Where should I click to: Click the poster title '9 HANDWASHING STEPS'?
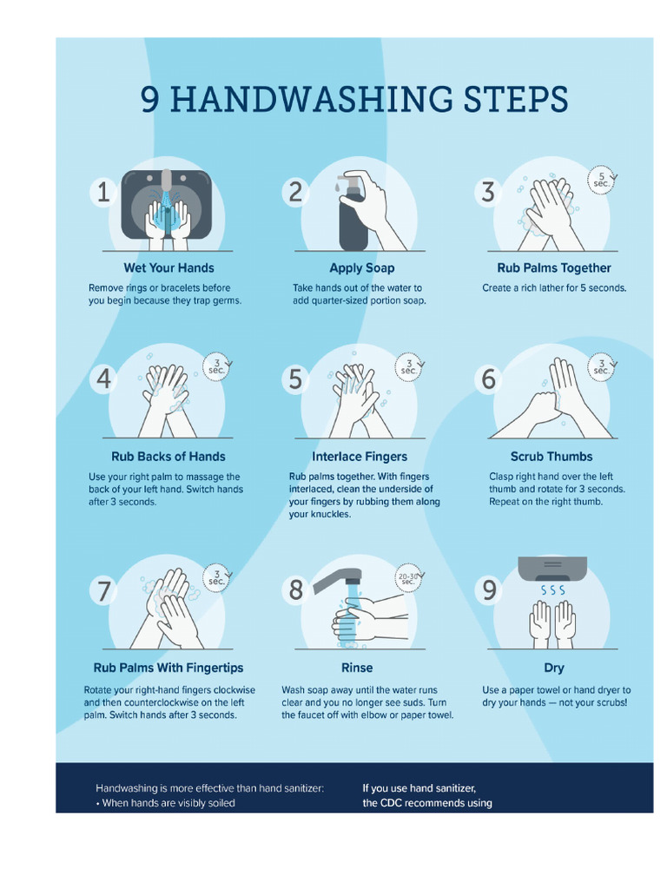354,100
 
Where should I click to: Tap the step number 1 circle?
103,191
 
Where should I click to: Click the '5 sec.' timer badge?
601,180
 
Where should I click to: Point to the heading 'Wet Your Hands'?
168,268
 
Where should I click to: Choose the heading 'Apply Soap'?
361,268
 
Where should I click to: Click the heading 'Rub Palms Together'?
553,268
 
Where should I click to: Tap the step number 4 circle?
103,379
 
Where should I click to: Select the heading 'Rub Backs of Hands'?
168,457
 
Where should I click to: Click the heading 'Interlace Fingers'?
360,457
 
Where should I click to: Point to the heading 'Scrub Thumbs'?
551,457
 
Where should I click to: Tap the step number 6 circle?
489,379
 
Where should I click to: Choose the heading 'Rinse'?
357,668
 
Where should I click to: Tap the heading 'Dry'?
553,668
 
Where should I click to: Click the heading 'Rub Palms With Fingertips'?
168,668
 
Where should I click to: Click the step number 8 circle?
296,590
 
